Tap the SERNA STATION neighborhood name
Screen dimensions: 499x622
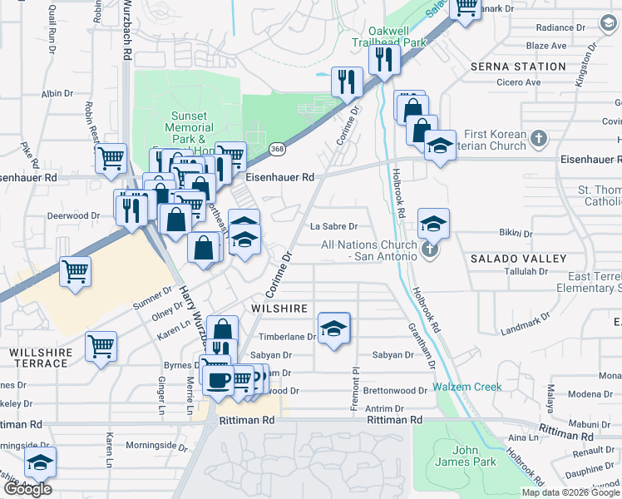(x=518, y=67)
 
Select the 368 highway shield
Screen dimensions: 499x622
(x=277, y=149)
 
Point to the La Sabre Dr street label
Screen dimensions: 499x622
(x=333, y=226)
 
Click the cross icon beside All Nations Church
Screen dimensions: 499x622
(x=429, y=249)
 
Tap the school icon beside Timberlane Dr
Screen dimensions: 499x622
(x=333, y=328)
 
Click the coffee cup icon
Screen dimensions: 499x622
(x=218, y=380)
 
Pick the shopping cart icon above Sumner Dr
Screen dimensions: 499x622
(x=76, y=271)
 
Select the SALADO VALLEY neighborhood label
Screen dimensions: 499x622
(x=518, y=259)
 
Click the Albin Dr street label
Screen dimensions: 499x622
(x=57, y=94)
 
